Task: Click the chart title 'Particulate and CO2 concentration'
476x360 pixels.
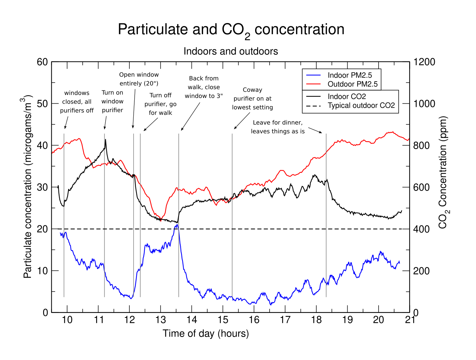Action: (231, 30)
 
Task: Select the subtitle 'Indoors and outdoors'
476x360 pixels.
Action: (230, 51)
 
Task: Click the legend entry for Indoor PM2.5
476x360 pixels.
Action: (350, 75)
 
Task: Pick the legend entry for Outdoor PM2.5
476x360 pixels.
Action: (352, 84)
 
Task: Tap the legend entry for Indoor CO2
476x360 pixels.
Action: (347, 97)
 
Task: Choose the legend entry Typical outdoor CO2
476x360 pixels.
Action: (361, 106)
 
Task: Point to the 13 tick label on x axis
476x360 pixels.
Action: (161, 320)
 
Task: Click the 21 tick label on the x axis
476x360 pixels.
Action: (410, 320)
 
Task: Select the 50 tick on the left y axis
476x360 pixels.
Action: (42, 104)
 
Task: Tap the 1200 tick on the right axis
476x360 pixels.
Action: (424, 62)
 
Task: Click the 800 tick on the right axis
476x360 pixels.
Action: (421, 145)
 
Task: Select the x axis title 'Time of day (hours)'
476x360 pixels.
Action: (206, 334)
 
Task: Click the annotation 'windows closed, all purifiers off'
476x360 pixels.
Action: (77, 102)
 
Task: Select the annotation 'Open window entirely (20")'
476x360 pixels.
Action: (139, 79)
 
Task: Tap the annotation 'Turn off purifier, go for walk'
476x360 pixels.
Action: (160, 104)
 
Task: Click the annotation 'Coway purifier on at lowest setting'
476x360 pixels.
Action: (252, 98)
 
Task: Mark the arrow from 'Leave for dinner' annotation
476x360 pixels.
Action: (315, 130)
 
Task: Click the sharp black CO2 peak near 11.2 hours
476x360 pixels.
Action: (106, 140)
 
